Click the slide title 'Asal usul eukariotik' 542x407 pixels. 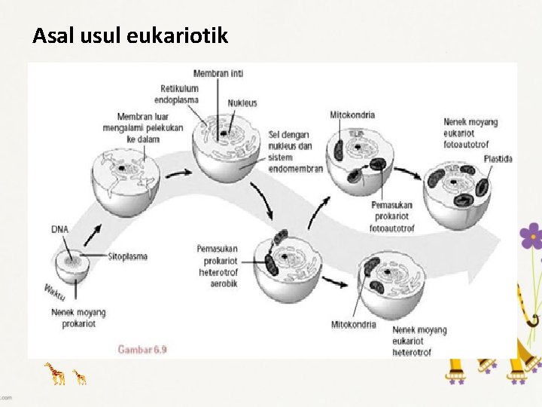129,35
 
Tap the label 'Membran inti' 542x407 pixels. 218,73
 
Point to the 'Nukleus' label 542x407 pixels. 242,103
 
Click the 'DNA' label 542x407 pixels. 60,228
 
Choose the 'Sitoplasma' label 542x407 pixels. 127,256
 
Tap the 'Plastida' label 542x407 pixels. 498,159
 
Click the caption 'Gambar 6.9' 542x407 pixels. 142,349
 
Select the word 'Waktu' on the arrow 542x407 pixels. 55,291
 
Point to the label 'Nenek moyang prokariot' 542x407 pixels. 78,317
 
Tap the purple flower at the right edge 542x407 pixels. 531,237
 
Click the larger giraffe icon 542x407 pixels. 55,373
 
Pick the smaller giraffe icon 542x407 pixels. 79,375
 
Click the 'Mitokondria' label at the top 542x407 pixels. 352,115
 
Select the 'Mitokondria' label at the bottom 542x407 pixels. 354,325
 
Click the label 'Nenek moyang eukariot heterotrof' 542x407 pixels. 419,341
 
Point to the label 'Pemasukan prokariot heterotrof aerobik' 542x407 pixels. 218,265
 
